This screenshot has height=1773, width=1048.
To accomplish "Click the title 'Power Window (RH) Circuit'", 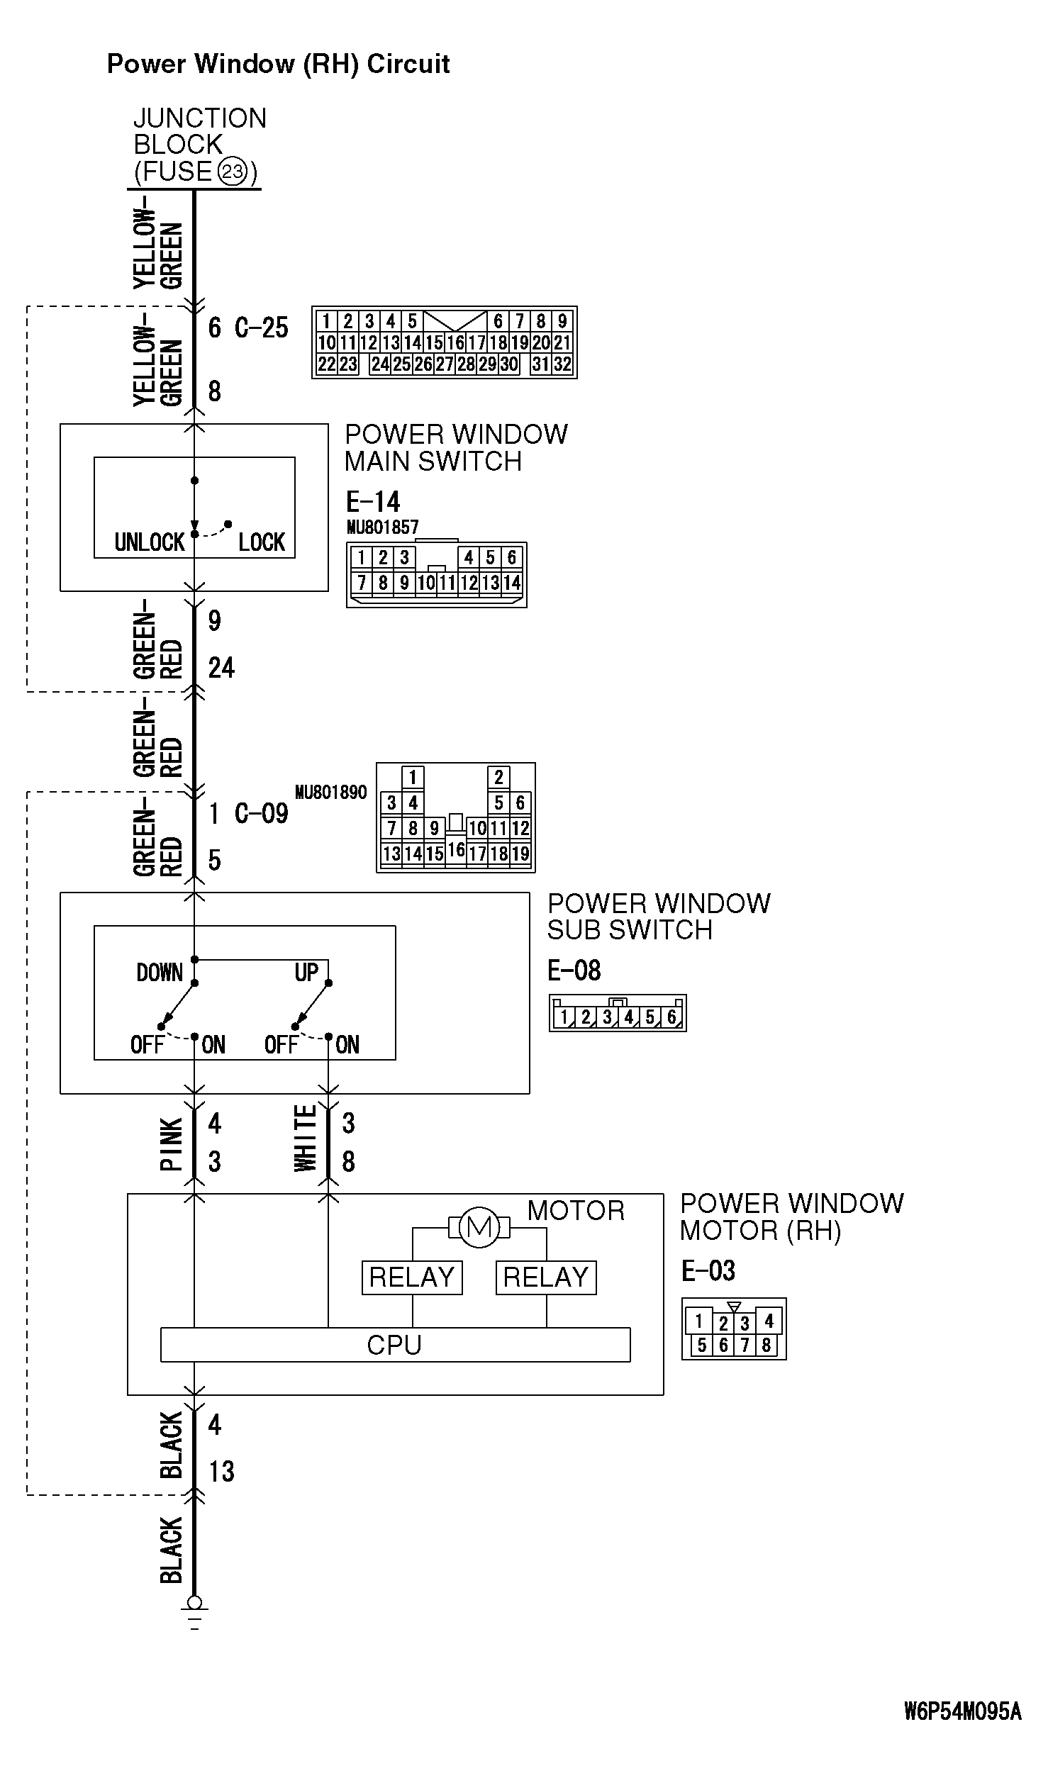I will point(278,64).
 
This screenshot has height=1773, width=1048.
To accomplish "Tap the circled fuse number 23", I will point(232,172).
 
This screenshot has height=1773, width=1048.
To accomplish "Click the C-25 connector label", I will point(261,328).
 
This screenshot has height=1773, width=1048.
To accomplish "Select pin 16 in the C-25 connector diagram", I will point(455,343).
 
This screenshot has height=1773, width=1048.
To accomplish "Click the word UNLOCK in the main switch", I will point(150,542).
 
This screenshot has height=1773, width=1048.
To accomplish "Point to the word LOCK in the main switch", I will point(261,542).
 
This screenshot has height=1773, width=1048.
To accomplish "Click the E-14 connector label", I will point(373,502).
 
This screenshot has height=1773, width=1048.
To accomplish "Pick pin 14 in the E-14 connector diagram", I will point(511,583).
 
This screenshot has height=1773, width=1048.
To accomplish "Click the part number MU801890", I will point(331,792).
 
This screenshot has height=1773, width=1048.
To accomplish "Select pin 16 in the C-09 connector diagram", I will point(456,849).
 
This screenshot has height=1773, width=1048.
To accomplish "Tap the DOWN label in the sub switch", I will point(160,972).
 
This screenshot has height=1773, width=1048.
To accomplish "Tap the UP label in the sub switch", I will point(306,972).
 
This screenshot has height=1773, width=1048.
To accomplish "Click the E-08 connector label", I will point(574,970).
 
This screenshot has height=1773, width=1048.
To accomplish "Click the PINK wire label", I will point(172,1143).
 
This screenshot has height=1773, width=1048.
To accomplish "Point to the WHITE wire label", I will point(306,1138).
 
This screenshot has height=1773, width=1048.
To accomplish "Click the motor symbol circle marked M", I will point(479,1227).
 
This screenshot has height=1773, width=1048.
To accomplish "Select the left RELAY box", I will point(412,1277).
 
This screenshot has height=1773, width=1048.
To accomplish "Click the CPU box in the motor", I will point(395,1345).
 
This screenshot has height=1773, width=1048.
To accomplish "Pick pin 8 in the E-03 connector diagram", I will point(766,1345).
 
